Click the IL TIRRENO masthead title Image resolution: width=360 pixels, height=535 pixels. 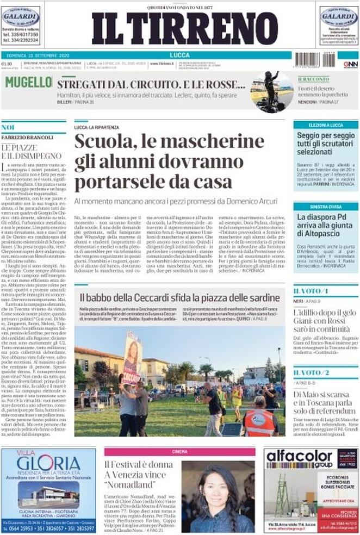184,29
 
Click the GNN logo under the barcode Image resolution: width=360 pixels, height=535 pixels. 350,64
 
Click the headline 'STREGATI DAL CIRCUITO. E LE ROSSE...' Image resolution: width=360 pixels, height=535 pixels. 151,84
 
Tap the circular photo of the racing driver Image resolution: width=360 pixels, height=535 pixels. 271,91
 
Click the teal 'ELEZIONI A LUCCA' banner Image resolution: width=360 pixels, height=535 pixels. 326,125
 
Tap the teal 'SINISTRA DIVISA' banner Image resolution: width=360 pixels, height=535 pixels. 326,207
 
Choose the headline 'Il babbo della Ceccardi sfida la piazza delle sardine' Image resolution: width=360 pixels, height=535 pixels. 179,297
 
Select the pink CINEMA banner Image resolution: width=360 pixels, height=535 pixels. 179,451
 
